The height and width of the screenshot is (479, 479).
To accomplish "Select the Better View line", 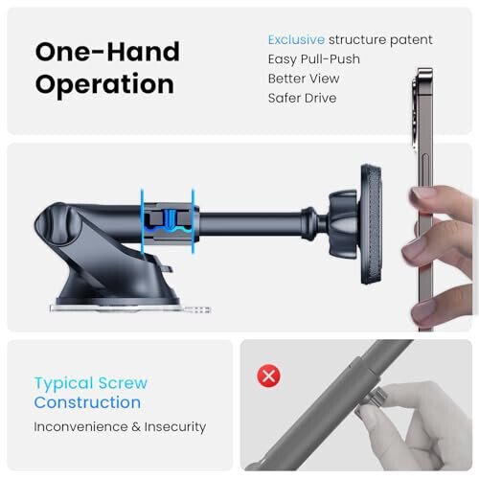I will (x=302, y=79).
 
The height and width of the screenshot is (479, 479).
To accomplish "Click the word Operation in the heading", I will (x=104, y=83).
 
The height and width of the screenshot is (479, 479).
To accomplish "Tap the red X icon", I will (x=269, y=376).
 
